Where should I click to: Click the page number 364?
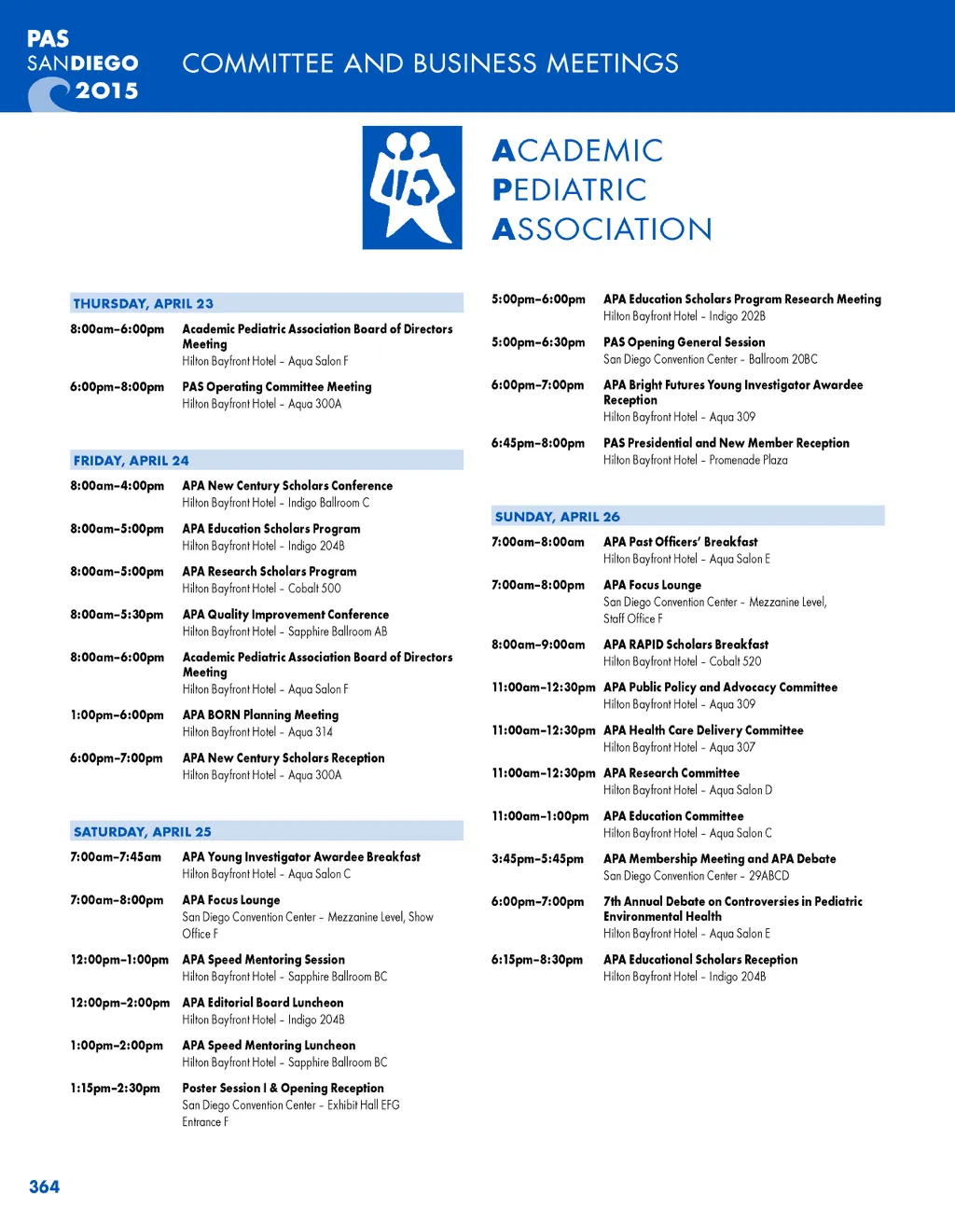44,1187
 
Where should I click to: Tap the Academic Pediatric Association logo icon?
412,187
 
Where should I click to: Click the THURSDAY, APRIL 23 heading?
144,303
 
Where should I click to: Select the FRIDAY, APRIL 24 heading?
131,460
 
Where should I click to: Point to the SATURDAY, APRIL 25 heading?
143,831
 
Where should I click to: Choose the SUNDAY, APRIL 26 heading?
558,516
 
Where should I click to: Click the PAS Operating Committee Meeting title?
277,386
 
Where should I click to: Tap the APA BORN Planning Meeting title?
260,715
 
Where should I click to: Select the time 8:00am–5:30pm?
117,615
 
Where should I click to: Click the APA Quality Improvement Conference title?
285,615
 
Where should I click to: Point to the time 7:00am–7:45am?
116,857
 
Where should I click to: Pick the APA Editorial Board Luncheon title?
263,1003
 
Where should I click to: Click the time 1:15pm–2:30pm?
115,1089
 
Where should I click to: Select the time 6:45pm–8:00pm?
538,443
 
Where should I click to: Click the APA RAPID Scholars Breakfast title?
685,645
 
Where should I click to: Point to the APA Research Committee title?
671,773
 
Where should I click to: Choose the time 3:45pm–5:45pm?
537,859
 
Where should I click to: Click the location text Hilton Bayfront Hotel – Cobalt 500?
261,589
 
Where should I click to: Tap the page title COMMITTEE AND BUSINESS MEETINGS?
430,63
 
